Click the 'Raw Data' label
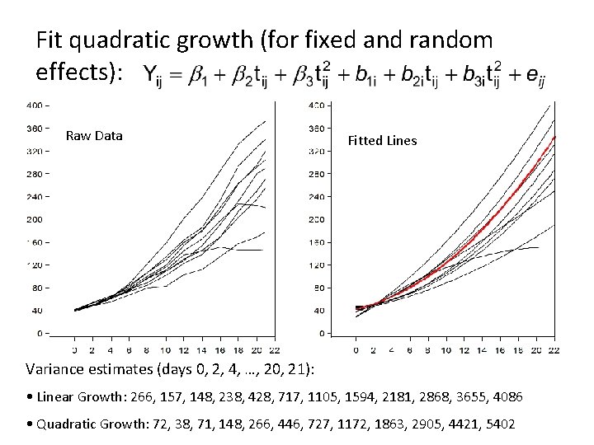(x=94, y=136)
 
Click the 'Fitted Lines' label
(x=382, y=141)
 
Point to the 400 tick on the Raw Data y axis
(x=35, y=105)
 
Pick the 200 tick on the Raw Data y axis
(x=35, y=219)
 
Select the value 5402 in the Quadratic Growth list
(x=496, y=424)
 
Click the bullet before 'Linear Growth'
(x=30, y=397)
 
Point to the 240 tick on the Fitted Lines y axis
(x=316, y=198)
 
